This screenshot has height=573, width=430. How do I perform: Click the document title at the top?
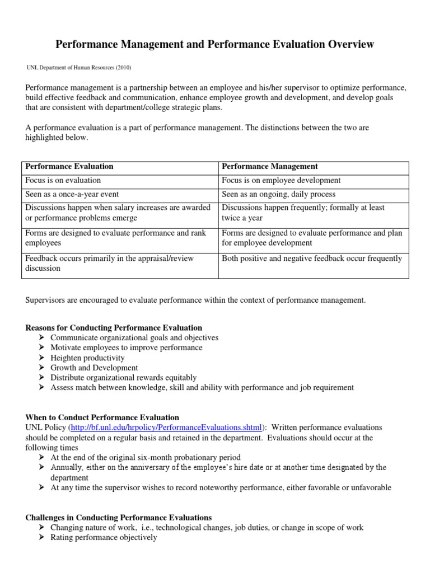215,44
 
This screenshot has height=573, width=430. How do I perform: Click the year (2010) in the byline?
123,68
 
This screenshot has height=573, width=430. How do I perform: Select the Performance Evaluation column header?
69,166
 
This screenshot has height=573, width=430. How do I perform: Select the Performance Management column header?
270,166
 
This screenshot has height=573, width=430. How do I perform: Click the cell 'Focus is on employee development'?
281,180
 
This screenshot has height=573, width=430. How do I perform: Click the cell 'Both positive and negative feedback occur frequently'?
312,259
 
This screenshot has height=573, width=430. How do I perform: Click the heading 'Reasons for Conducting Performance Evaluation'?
114,327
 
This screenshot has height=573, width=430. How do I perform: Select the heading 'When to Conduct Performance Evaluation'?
102,417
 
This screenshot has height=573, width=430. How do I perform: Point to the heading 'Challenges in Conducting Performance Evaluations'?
119,518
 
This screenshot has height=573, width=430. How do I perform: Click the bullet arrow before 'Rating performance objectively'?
43,538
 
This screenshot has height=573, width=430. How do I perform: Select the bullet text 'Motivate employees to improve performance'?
126,347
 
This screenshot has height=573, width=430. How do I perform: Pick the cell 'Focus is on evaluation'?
63,180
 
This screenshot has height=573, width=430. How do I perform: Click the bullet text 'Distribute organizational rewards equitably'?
123,378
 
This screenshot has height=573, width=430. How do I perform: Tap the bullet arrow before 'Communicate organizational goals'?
43,338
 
